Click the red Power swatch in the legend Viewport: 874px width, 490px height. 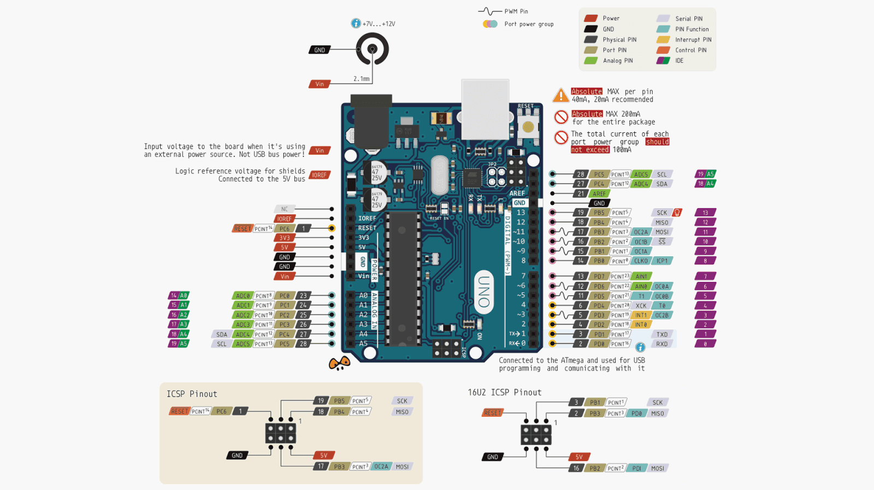(x=591, y=18)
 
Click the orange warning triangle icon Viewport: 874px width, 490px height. (x=560, y=96)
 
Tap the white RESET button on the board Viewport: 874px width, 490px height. (x=528, y=127)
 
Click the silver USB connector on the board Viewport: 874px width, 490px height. (x=485, y=109)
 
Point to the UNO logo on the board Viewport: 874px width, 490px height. (x=484, y=292)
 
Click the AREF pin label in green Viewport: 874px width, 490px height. (x=599, y=193)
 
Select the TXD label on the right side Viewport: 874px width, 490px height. (x=662, y=334)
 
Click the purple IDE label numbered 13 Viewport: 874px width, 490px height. (x=705, y=212)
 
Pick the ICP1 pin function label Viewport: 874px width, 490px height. (x=662, y=261)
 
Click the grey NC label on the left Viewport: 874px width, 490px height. (x=284, y=209)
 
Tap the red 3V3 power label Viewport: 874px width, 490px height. (x=285, y=238)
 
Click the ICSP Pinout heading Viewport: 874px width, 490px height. (x=192, y=394)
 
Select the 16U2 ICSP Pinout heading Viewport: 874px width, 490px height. (x=504, y=392)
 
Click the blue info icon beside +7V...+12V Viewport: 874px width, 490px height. (x=356, y=23)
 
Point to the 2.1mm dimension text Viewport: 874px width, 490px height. (x=361, y=79)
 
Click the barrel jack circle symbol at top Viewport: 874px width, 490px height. (x=373, y=49)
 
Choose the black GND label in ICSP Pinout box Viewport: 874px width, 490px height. (x=237, y=455)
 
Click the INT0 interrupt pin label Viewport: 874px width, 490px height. (x=641, y=324)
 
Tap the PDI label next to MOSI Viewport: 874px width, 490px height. (x=637, y=468)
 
